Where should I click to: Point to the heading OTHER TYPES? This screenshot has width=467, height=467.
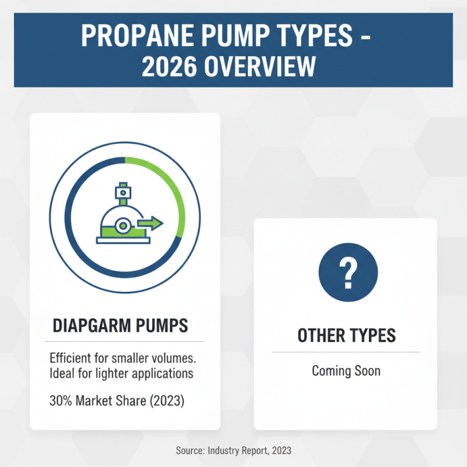346,336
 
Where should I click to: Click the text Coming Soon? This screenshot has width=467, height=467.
346,371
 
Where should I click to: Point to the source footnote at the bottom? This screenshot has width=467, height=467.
233,451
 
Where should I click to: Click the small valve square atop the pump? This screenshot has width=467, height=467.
121,190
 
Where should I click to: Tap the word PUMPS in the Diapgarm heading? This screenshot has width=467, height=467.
159,326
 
